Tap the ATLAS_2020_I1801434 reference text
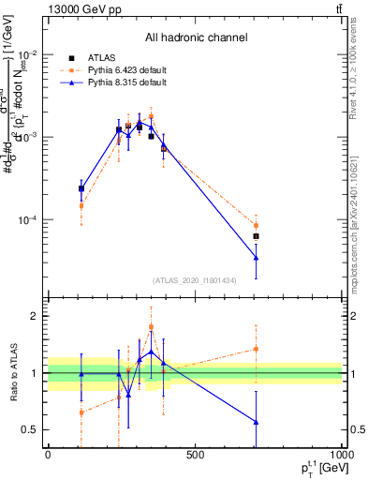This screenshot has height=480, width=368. click(x=195, y=280)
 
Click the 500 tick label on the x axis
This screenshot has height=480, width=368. click(x=195, y=456)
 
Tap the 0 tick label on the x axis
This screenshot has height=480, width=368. click(x=48, y=456)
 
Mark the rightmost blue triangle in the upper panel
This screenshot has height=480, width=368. click(x=256, y=258)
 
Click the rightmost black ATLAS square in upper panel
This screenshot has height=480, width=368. click(x=256, y=236)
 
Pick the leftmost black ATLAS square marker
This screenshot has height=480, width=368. click(x=81, y=188)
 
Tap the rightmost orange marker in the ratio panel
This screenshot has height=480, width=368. click(x=256, y=349)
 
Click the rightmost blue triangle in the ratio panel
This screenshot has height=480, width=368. click(x=256, y=422)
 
